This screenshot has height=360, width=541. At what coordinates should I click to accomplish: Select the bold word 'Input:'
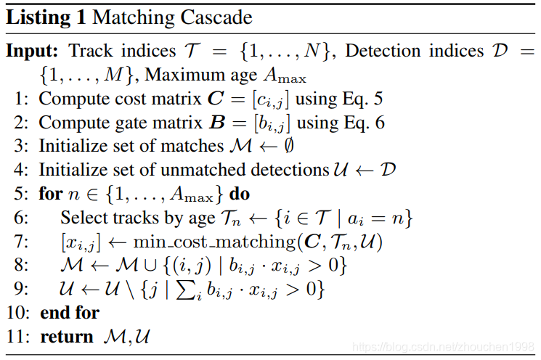click(33, 52)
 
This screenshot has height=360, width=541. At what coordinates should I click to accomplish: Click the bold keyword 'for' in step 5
click(50, 195)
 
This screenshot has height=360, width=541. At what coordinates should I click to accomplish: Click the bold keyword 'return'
click(67, 337)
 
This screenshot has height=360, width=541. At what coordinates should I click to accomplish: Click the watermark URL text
click(442, 346)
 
